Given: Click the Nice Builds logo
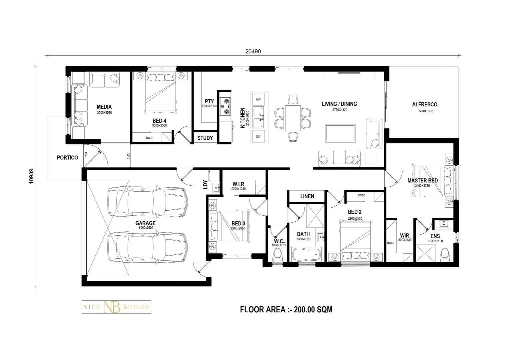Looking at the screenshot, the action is tap(116, 307).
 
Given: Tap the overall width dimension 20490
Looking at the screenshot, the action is tap(253, 51).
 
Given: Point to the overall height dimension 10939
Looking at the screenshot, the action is tap(31, 176).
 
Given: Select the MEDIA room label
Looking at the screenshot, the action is tap(104, 107).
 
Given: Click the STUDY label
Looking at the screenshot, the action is tap(205, 138).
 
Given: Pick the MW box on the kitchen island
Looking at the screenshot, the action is tap(258, 99).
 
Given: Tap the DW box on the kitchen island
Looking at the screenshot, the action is tap(258, 137).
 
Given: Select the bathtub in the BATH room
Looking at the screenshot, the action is tap(306, 254).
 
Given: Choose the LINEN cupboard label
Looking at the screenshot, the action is tap(307, 196).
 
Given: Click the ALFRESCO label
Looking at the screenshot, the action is tap(425, 105).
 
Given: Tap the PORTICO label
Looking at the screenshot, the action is tap(68, 158).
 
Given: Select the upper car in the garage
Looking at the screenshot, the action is tap(148, 201).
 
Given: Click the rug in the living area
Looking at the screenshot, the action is tap(340, 133).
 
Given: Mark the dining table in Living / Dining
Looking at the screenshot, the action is tap(293, 118).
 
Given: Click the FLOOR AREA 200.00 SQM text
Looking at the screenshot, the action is tap(286, 310).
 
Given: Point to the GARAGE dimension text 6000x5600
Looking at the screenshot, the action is tap(146, 228).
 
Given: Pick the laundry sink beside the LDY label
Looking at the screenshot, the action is tap(216, 188).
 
